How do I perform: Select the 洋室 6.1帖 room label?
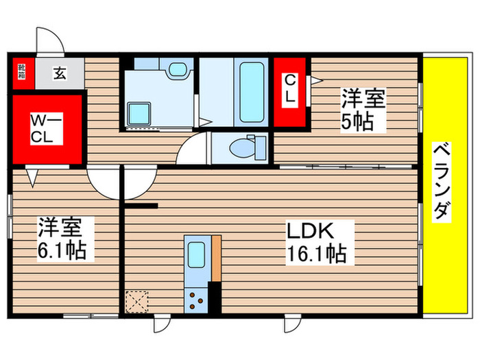coord(62,237)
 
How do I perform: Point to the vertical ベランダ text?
coord(442,182)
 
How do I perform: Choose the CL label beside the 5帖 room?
coord(290,89)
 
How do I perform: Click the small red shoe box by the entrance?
coord(22,71)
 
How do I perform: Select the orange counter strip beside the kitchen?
coord(217,257)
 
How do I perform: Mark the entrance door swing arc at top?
coord(50,41)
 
